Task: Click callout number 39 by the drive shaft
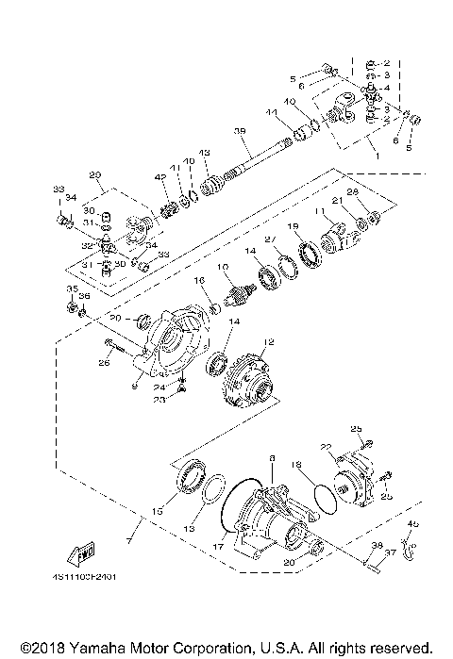click(240, 131)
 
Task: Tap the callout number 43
click(203, 153)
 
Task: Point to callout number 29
click(94, 175)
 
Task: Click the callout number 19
click(294, 226)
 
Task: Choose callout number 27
click(269, 239)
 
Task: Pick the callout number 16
click(200, 281)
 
